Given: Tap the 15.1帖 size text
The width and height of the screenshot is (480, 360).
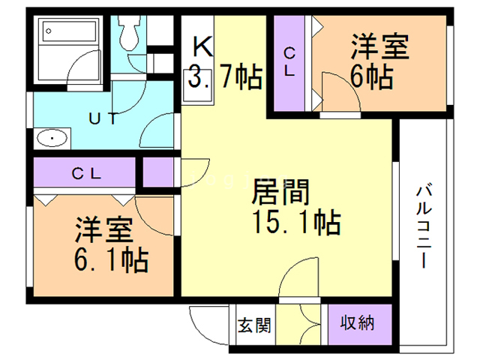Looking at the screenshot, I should point(295,222).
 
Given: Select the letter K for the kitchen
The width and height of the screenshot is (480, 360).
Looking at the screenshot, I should point(203,47).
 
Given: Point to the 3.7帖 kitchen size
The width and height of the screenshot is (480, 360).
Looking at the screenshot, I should point(223,76).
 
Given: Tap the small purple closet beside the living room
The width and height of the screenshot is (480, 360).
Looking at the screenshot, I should point(157,172).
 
